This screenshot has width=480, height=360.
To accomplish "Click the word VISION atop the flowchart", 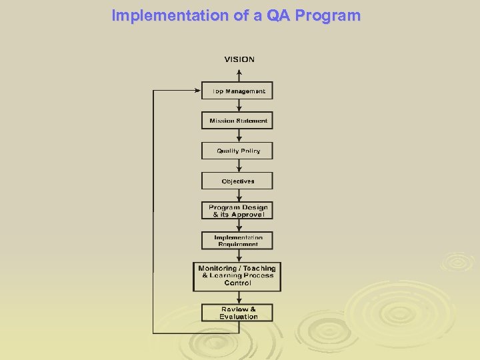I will [239, 59].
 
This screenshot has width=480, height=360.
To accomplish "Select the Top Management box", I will [237, 91].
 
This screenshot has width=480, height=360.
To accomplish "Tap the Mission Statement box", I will [237, 121].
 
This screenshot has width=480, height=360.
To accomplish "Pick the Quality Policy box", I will [237, 151].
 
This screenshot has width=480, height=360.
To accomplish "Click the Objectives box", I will [237, 181].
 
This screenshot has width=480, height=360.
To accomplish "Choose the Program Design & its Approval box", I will [237, 211].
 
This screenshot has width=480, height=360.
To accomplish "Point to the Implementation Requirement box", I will [237, 241].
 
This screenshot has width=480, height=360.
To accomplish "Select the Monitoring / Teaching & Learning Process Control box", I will [237, 276].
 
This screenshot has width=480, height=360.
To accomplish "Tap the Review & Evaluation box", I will [237, 313].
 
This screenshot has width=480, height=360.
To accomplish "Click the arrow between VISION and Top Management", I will [238, 73].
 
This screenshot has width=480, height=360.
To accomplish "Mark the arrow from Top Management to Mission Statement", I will [238, 106].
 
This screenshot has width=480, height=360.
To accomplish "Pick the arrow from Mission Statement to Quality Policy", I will [238, 136].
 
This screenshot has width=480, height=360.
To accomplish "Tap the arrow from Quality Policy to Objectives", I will [238, 166].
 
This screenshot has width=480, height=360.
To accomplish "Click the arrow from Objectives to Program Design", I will [238, 196].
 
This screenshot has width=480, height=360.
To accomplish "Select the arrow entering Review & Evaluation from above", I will [238, 298].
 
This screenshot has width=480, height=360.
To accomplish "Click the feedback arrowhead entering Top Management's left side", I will [197, 91].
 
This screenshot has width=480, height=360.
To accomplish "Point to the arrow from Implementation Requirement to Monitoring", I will [238, 256].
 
